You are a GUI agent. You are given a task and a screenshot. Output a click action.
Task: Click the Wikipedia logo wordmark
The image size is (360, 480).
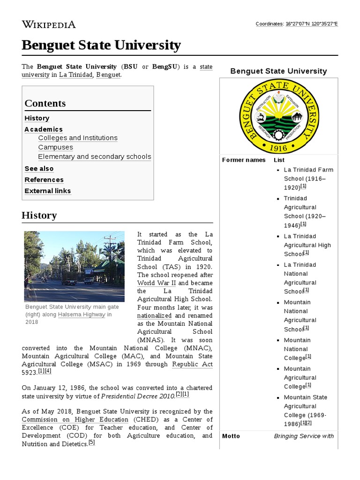click(x=48, y=24)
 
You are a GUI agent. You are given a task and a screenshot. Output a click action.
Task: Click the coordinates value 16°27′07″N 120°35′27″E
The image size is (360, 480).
click(x=312, y=23)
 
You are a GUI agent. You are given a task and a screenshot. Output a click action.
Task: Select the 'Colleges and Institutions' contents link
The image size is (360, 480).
click(x=78, y=138)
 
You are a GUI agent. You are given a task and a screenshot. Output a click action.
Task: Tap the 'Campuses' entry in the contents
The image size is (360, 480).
click(x=55, y=147)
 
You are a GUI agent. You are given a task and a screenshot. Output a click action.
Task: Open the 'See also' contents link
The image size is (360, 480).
click(x=39, y=168)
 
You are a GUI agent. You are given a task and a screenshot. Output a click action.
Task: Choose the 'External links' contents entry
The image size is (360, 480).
click(x=47, y=191)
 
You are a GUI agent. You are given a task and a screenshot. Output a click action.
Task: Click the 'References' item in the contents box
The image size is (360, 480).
click(x=44, y=180)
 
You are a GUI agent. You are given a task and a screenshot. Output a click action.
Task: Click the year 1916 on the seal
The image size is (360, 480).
click(x=278, y=148)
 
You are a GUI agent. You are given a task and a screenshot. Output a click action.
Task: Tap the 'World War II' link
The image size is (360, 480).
click(x=156, y=283)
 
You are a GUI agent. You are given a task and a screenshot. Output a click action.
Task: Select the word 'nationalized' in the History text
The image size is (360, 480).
click(x=154, y=315)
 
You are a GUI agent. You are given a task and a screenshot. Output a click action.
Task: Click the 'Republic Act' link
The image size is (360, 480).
click(x=192, y=364)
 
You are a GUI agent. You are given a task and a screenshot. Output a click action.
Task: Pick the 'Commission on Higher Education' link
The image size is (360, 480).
click(x=75, y=420)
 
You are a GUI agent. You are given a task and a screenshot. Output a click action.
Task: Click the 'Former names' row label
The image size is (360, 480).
click(x=243, y=160)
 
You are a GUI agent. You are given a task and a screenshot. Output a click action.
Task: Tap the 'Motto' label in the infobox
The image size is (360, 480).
click(x=231, y=436)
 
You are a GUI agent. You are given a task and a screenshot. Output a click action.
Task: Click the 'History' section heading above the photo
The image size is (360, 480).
click(x=39, y=216)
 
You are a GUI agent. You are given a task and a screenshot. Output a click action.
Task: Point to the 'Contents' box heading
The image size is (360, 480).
click(x=45, y=103)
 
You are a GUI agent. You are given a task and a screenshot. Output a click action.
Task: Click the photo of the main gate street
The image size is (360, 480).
click(x=74, y=266)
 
